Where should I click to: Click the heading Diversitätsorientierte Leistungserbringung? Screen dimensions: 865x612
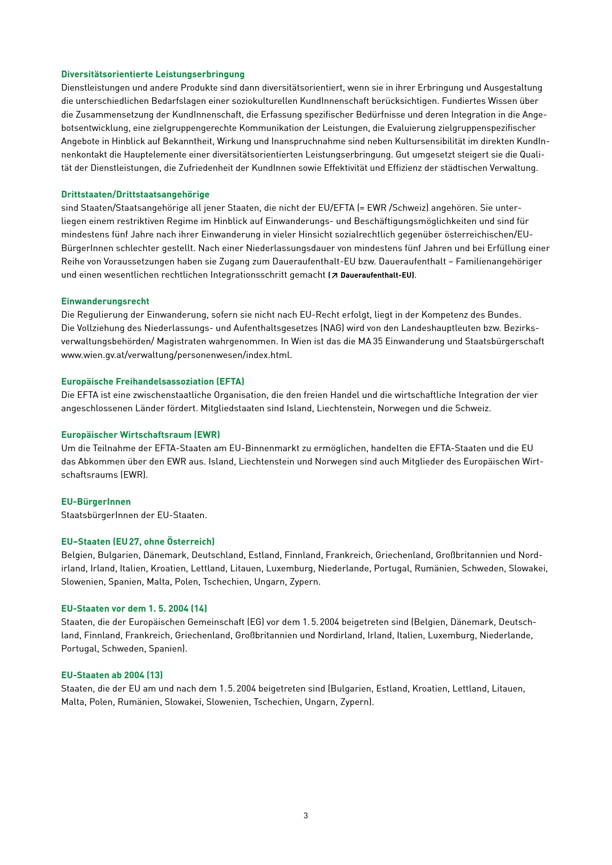152,74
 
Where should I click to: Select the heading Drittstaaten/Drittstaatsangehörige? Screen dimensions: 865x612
135,195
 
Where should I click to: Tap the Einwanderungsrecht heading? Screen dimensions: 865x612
105,301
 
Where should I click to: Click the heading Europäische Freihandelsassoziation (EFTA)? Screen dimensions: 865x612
152,382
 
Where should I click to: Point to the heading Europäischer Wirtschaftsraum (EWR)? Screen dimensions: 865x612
141,435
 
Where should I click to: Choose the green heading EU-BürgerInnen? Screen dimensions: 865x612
96,502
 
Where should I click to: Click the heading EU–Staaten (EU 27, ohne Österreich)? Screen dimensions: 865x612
138,542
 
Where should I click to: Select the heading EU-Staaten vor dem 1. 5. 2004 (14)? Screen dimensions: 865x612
134,608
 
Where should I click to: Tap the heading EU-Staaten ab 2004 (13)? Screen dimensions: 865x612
112,675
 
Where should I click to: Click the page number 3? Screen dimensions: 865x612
306,816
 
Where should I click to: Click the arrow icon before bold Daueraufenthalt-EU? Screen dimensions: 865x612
334,276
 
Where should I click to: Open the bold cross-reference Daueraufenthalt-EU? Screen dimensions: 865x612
376,276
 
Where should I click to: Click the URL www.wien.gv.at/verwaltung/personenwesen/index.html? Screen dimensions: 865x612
176,355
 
